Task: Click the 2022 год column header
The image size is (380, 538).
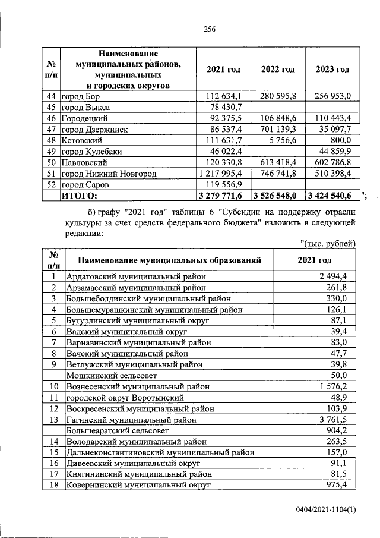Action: click(x=278, y=70)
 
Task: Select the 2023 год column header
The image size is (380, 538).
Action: click(x=332, y=70)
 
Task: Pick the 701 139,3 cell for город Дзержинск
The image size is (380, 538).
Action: click(x=278, y=129)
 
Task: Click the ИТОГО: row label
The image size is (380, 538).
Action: click(x=80, y=194)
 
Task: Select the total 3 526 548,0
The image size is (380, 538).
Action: click(x=277, y=194)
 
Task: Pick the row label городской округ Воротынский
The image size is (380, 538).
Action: click(x=124, y=397)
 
